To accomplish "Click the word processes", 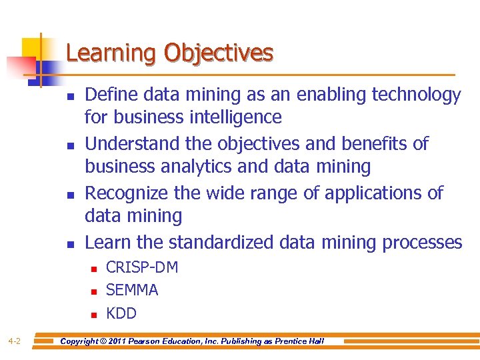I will [x=422, y=242].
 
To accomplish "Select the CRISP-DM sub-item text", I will [x=142, y=267].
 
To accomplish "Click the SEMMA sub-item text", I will [x=132, y=290].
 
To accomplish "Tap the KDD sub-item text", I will [x=121, y=313].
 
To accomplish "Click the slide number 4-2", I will [x=15, y=342].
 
